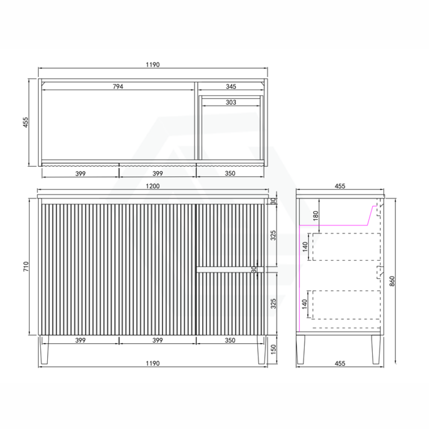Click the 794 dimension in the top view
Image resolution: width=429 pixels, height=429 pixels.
point(118,86)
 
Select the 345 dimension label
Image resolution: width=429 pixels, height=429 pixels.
point(231,86)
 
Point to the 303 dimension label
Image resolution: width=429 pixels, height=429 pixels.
point(231,102)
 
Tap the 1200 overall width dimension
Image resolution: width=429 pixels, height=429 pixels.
point(153,186)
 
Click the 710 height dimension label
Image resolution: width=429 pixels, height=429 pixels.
point(26,266)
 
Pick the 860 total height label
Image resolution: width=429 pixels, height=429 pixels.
point(392,281)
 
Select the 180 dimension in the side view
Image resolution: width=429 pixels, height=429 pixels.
point(316,215)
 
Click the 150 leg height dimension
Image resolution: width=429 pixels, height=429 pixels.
point(273,349)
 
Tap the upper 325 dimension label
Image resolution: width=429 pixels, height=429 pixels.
point(273,235)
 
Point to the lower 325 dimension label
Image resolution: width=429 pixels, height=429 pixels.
point(273,304)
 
